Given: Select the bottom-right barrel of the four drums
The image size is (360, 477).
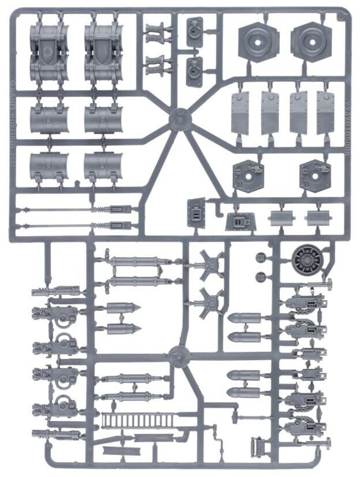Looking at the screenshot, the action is [104, 166].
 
